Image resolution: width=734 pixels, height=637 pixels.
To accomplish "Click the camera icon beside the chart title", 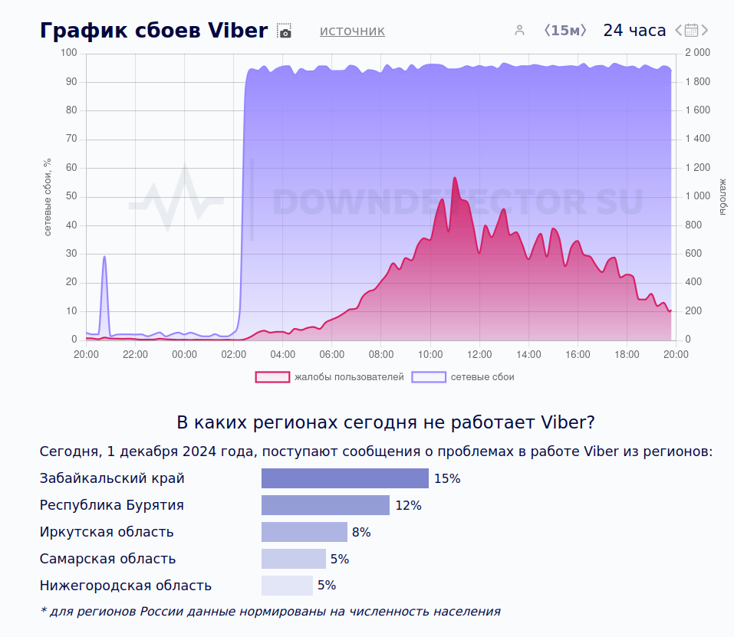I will click(x=285, y=31).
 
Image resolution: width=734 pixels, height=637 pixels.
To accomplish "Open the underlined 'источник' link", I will click(x=352, y=31).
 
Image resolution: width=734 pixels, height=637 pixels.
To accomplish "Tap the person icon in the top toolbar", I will click(x=519, y=31).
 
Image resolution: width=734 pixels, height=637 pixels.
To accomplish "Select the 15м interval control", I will click(x=565, y=31).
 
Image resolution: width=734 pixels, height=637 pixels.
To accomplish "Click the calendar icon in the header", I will click(x=691, y=31).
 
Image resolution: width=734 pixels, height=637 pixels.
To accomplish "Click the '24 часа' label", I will click(x=634, y=31).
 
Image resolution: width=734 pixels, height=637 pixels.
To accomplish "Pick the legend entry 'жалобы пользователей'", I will click(x=330, y=377).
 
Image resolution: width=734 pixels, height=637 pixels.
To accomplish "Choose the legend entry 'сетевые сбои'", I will click(x=463, y=377).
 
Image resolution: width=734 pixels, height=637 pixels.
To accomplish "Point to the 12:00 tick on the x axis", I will click(x=479, y=354).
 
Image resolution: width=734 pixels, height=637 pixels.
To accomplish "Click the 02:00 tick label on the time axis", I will click(x=233, y=354).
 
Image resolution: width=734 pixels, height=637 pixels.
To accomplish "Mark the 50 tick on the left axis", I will click(x=71, y=196).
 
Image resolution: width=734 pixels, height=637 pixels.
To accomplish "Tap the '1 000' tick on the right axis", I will click(x=697, y=196).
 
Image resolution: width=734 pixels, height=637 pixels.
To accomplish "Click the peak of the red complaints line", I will click(x=454, y=178).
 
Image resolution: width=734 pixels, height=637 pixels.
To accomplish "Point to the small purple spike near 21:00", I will click(x=104, y=257).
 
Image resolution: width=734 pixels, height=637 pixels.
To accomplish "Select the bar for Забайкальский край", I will click(x=344, y=478).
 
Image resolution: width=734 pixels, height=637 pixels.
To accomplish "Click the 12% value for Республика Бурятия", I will click(x=408, y=506).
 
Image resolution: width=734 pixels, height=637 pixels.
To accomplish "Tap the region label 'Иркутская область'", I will click(x=107, y=532).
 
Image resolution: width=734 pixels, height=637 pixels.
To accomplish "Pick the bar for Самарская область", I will click(x=294, y=559).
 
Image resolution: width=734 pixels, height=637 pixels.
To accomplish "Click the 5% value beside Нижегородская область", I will click(x=327, y=586).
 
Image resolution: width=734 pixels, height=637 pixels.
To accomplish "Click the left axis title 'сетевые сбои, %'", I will click(x=48, y=197).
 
